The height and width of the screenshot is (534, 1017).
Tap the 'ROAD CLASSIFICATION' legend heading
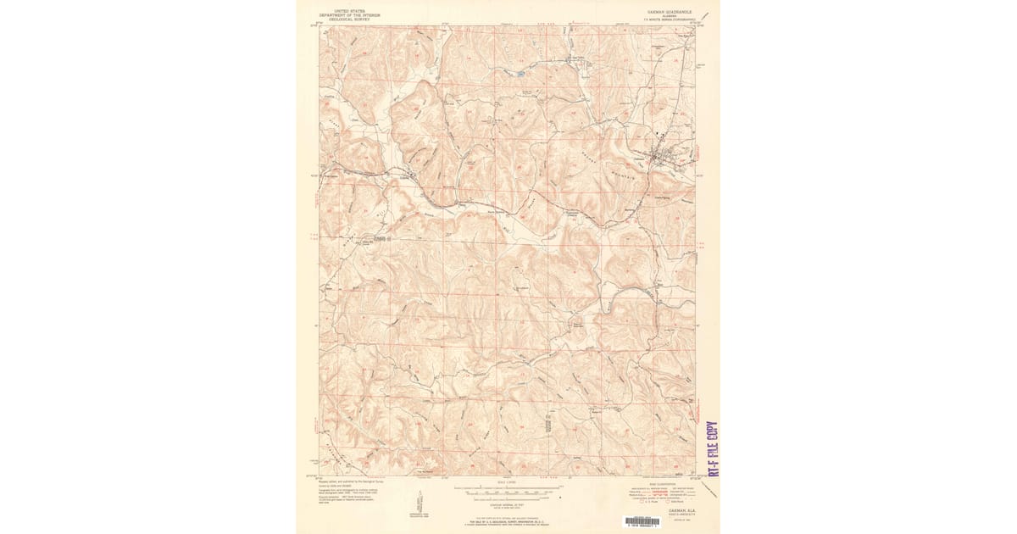coord(663,484)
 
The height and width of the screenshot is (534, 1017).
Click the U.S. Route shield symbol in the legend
coord(642,502)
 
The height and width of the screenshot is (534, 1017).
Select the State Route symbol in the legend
coord(668,502)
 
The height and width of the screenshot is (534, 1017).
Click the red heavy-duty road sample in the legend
coord(660,492)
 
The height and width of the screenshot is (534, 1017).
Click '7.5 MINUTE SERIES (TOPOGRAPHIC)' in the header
coord(669,19)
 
